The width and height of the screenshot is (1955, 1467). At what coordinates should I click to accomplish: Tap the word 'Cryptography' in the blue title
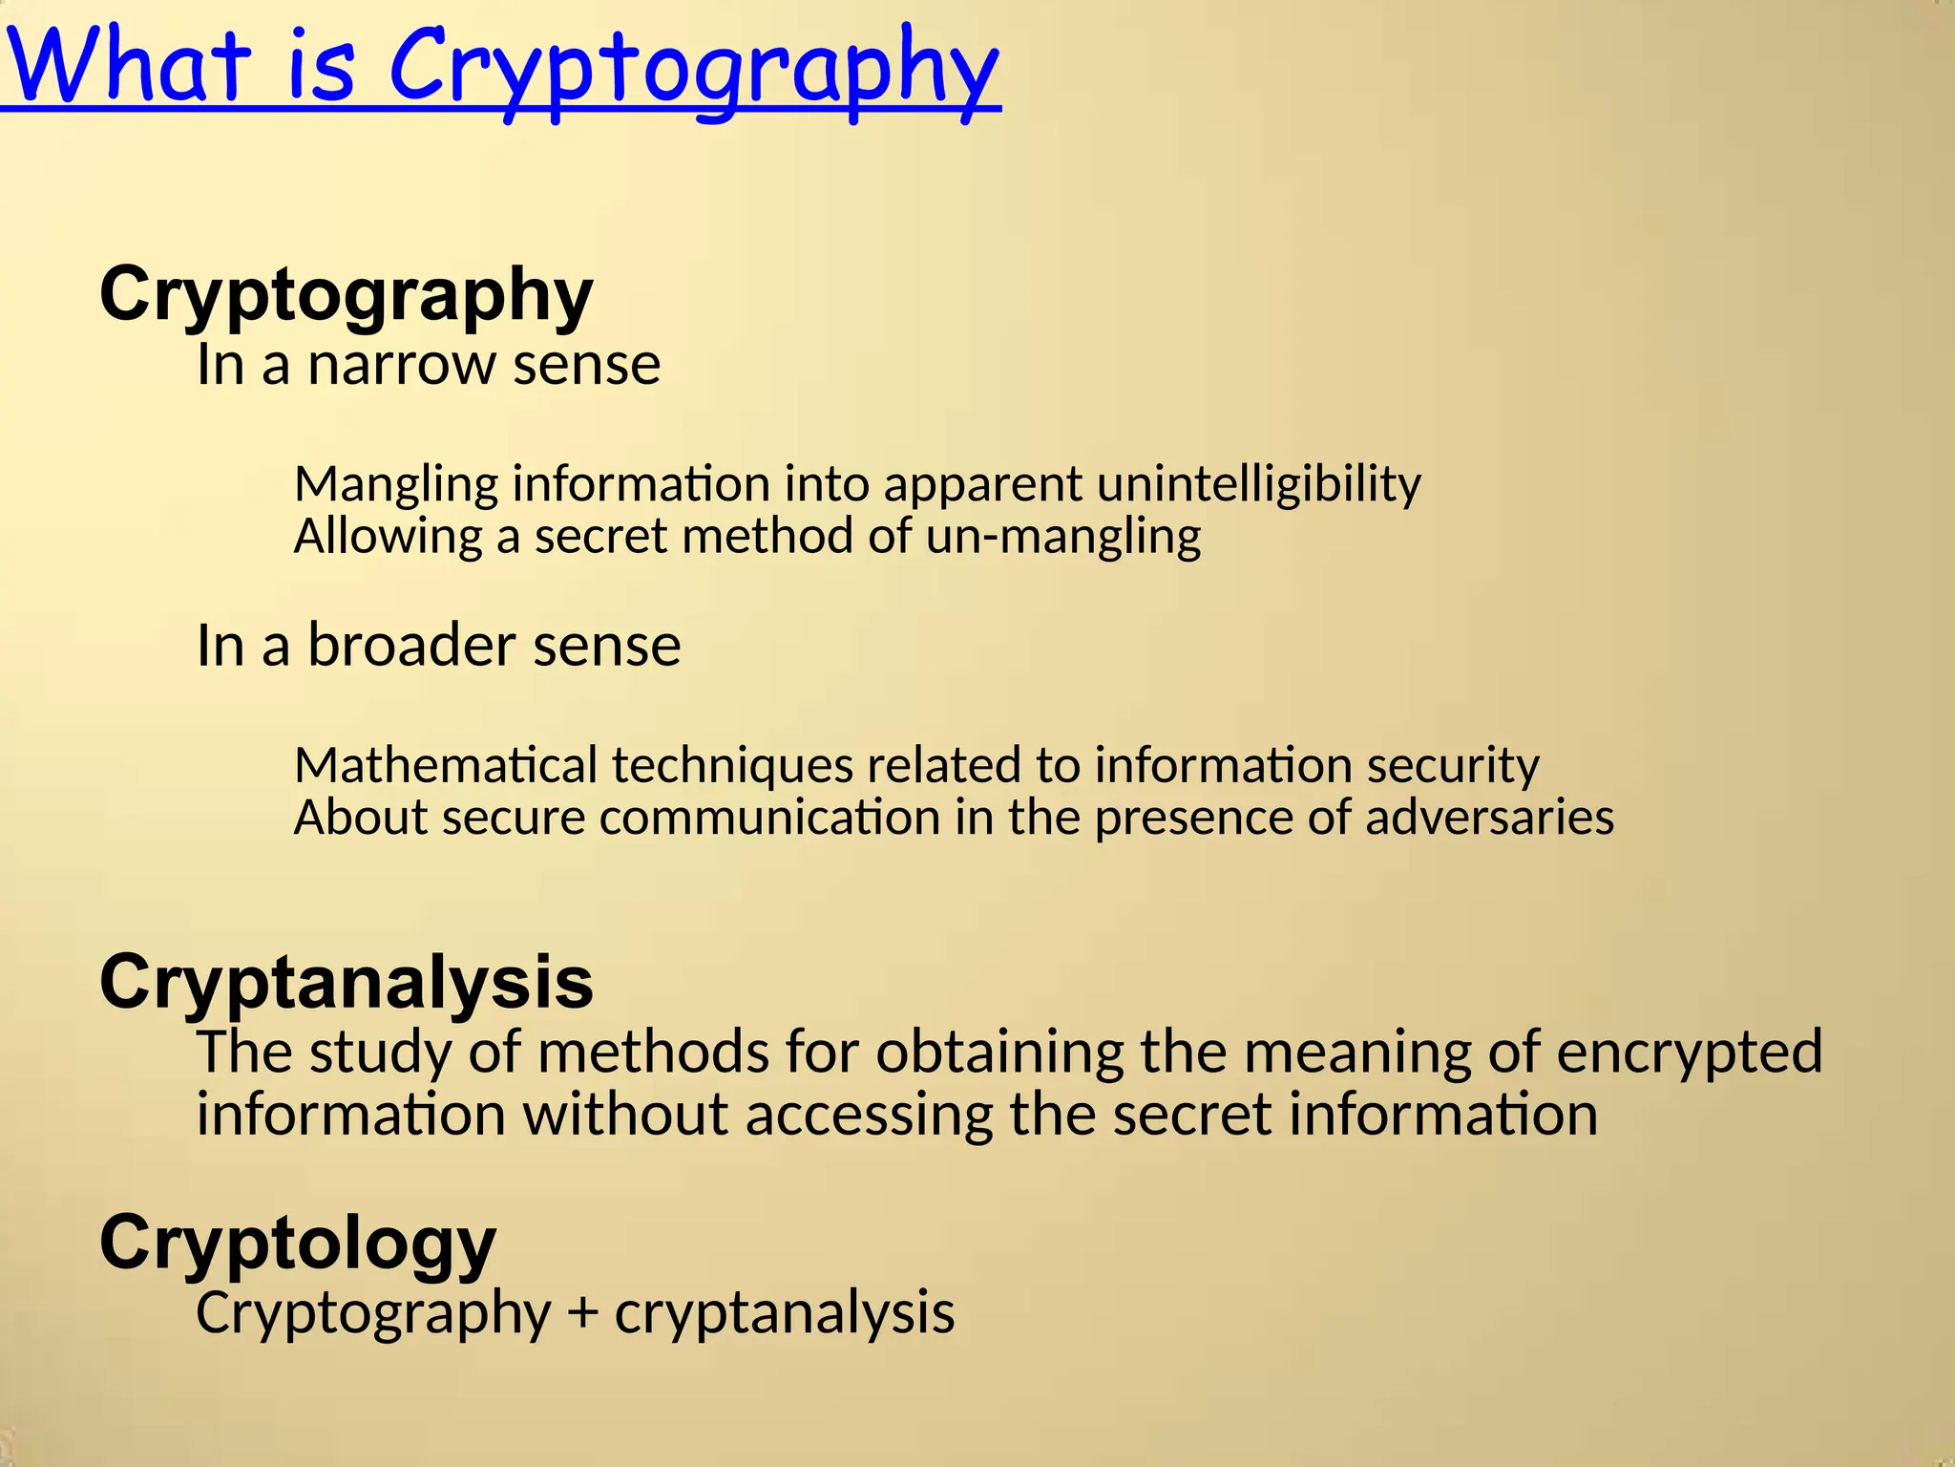(x=694, y=69)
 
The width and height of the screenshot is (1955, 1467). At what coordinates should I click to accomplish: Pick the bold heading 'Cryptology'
(x=298, y=1244)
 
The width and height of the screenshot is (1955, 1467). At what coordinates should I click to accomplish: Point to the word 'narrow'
(x=401, y=365)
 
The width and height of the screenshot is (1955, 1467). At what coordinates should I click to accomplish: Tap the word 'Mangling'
(x=395, y=485)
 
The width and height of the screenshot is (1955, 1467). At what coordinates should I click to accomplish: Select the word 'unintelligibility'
(x=1258, y=485)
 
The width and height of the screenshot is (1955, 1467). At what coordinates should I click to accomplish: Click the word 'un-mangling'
(x=1062, y=537)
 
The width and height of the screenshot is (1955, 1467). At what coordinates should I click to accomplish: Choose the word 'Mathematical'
(x=446, y=765)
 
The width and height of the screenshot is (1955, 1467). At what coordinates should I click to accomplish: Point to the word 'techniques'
(x=732, y=765)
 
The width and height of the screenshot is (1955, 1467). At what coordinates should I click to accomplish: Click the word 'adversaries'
(x=1489, y=818)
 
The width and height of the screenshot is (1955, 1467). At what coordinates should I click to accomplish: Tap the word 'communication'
(x=769, y=818)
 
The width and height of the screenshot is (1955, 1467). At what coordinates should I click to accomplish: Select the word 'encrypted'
(x=1690, y=1052)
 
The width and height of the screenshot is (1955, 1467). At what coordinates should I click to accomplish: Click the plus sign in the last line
(x=582, y=1312)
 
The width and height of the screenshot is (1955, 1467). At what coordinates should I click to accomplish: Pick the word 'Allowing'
(x=388, y=537)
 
